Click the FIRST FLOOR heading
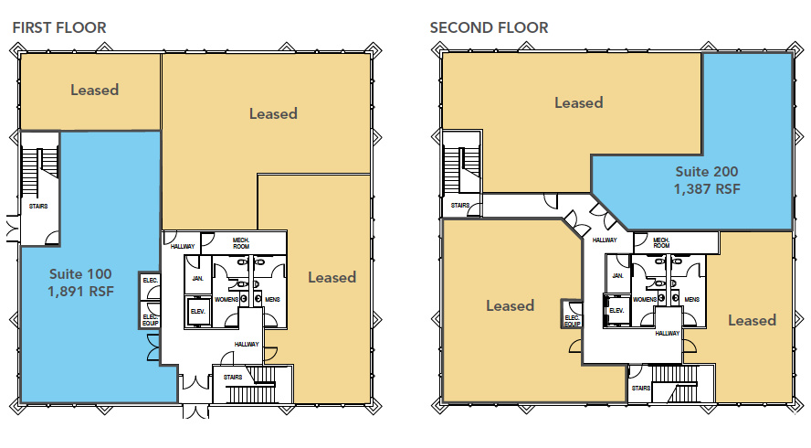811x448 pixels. pos(59,27)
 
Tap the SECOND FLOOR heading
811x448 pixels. pos(489,27)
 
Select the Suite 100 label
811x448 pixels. pos(80,274)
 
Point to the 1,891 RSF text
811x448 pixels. pos(80,292)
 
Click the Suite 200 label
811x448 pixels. pos(707,172)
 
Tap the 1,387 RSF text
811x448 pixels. pos(707,189)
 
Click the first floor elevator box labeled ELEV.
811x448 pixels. pos(198,312)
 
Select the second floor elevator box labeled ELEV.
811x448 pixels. pos(616,311)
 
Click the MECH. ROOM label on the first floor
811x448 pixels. pos(241,243)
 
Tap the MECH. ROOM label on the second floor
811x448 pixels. pos(661,242)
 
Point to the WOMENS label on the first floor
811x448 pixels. pos(226,299)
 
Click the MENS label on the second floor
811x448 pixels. pos(692,299)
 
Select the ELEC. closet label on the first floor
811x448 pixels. pos(151,280)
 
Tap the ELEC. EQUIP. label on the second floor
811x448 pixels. pos(572,321)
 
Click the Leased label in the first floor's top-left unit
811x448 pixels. pos(95,91)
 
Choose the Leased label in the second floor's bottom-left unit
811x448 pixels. pos(510,305)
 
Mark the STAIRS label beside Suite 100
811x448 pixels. pos(38,206)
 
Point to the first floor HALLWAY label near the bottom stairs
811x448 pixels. pos(247,344)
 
